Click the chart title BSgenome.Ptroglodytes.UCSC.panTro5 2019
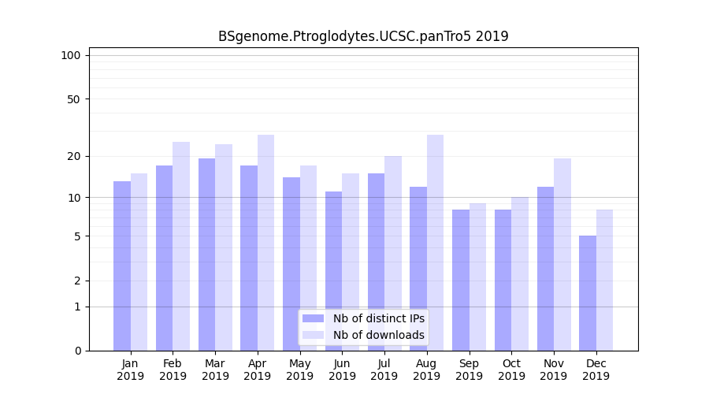[363, 36]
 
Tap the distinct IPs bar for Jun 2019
[333, 271]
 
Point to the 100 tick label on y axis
[71, 55]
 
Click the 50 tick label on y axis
[73, 99]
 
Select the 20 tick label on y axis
[73, 156]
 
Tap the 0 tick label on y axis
[77, 351]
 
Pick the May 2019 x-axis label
[300, 370]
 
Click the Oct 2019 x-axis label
[511, 370]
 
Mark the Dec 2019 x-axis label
[596, 370]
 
